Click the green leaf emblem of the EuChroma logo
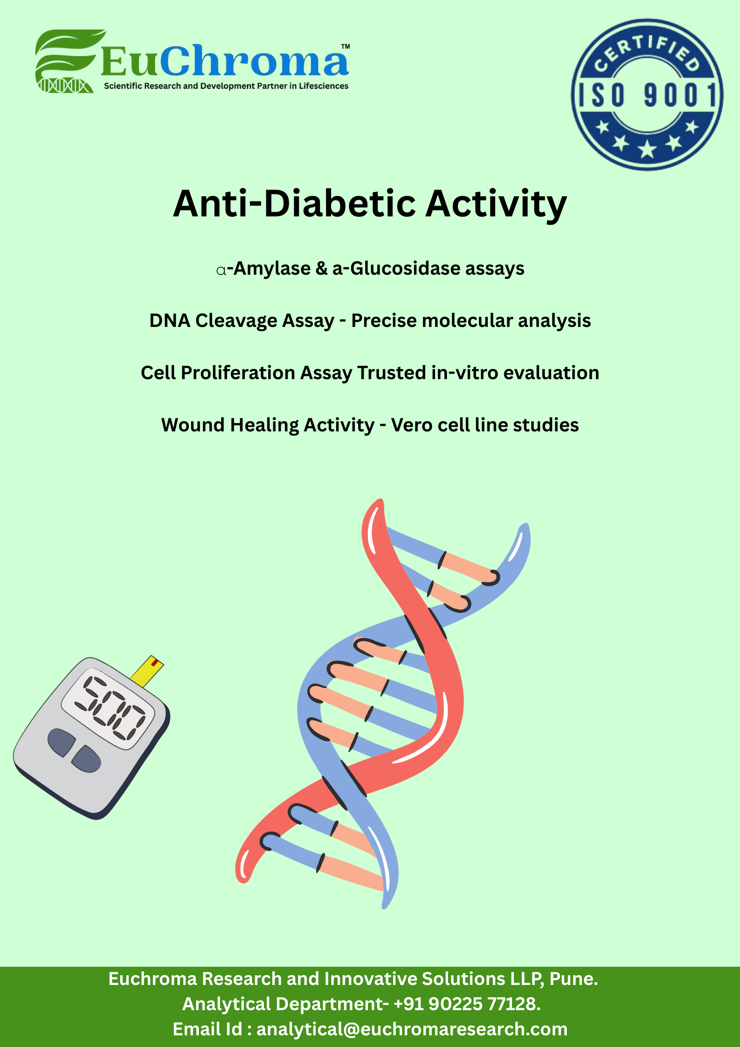(68, 61)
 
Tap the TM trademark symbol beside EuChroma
(346, 47)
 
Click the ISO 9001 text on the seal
(647, 95)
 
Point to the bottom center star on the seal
(647, 149)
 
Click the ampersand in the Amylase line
(322, 269)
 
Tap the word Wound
(193, 425)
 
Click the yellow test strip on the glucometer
(147, 671)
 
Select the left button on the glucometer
(60, 742)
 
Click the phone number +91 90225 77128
(467, 1004)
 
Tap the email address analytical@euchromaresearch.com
(412, 1029)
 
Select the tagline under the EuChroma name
(226, 86)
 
